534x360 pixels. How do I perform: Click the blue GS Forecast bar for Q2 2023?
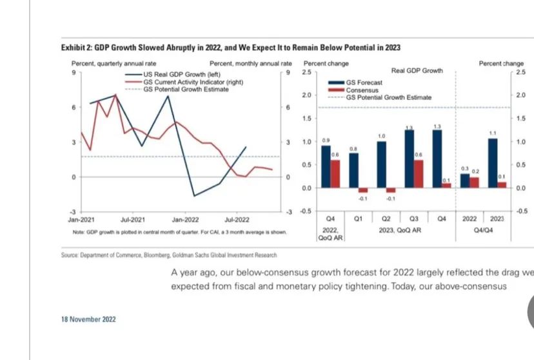381,165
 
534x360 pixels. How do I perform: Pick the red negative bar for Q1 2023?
363,190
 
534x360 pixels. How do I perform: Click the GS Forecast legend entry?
364,83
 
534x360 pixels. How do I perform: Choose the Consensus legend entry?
362,90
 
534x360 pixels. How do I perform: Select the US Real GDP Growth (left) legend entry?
172,75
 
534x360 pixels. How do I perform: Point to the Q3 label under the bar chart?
414,219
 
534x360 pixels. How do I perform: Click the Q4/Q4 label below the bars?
483,229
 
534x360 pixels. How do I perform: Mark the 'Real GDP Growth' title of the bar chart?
417,70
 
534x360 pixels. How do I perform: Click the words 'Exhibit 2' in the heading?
77,48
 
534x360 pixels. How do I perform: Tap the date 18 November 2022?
89,319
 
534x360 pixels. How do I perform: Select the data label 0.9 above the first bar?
326,140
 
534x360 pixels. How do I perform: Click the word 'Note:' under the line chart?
79,232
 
